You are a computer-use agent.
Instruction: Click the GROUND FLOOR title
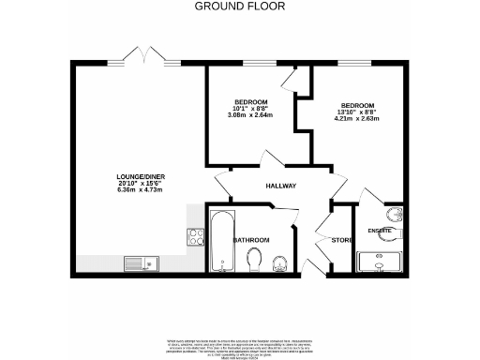[239, 7]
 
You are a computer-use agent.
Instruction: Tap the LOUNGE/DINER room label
[136, 177]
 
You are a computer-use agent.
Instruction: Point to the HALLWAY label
[280, 186]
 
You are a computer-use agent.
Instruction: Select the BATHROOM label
[251, 240]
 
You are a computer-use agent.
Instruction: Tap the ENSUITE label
[380, 229]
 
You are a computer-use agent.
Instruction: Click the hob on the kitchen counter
[197, 236]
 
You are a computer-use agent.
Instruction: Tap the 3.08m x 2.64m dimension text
[250, 115]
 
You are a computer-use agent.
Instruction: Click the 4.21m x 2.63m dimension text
[357, 119]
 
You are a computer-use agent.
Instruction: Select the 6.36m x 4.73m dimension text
[136, 190]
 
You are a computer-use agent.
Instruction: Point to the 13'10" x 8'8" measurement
[357, 112]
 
